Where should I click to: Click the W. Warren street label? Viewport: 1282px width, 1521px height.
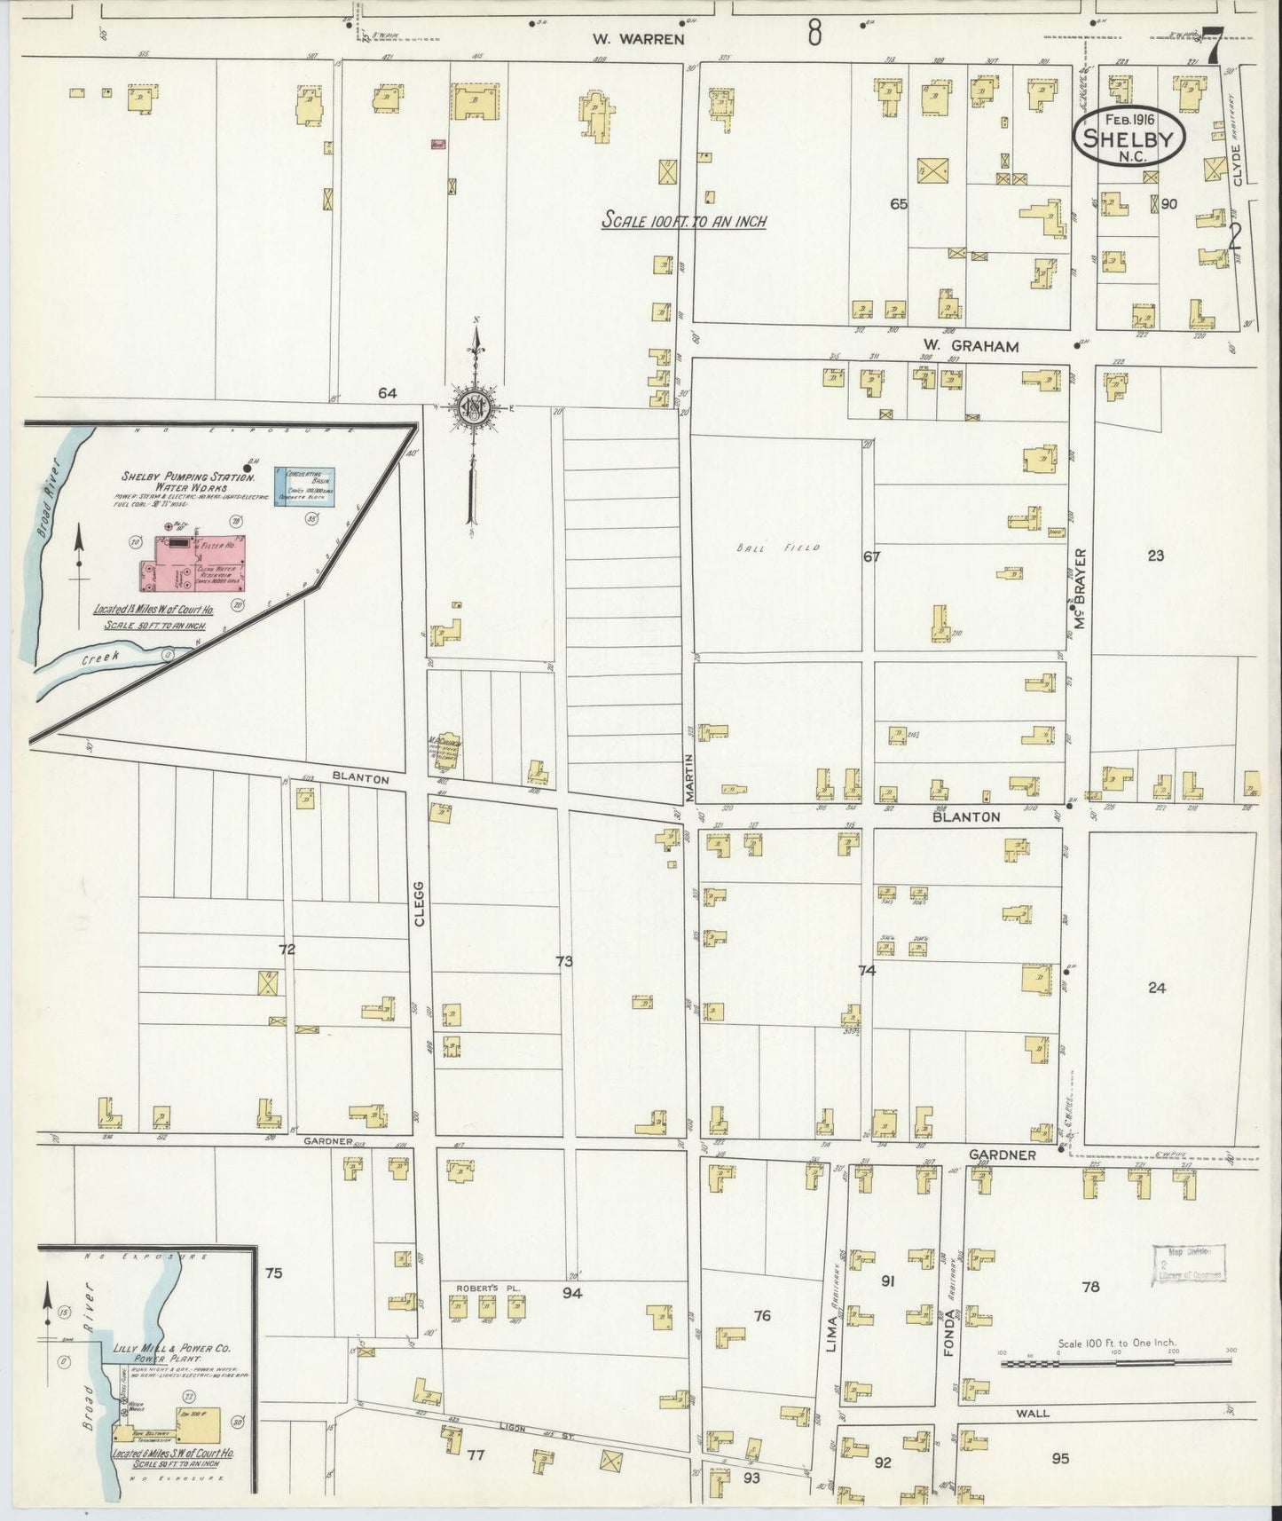638,39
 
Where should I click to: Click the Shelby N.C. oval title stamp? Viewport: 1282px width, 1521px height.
1129,138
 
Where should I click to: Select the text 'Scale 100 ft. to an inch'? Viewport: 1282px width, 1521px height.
683,222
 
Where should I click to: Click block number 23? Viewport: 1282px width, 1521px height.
1154,556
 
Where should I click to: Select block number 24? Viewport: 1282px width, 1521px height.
1156,988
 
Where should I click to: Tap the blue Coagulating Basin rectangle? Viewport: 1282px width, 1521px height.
305,486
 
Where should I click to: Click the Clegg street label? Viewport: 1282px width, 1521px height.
419,903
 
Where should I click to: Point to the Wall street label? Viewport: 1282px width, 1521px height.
1033,1413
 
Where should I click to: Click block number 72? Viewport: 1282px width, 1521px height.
287,950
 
